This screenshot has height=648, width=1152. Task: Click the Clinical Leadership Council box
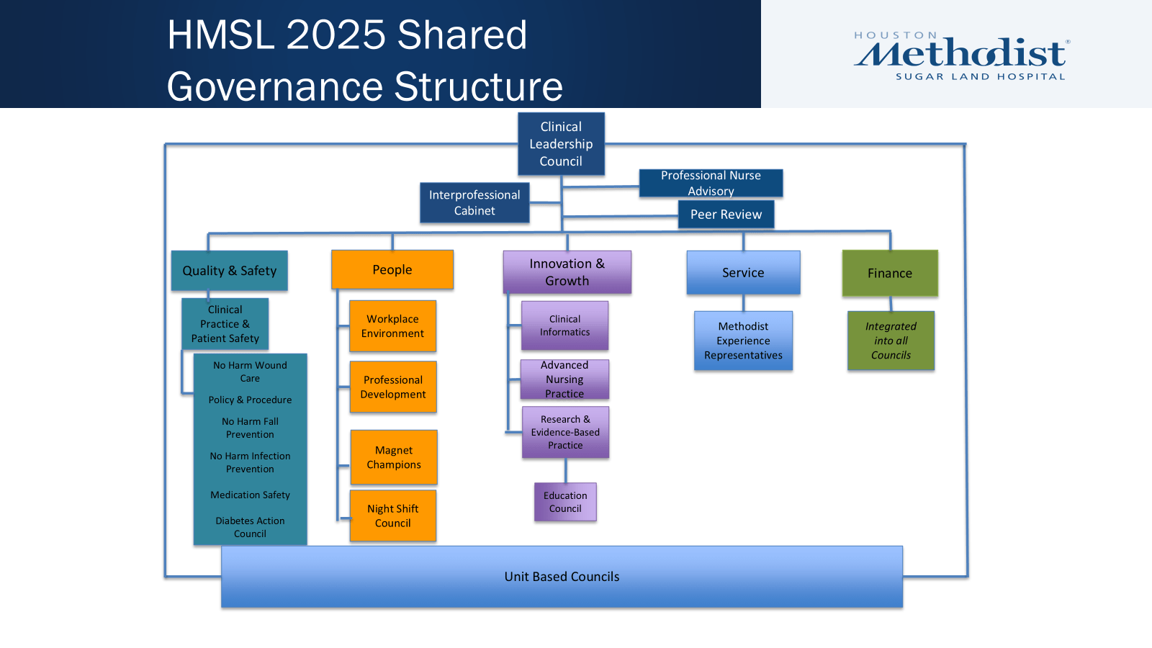point(561,144)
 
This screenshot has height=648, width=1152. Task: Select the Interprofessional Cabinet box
point(474,202)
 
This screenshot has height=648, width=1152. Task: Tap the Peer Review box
point(726,215)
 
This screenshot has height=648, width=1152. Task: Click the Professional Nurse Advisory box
point(711,183)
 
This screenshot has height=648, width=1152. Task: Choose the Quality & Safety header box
point(229,271)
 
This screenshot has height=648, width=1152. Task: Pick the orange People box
point(392,270)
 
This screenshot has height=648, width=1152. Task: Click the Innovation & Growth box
point(567,272)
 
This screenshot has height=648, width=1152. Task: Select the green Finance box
point(890,273)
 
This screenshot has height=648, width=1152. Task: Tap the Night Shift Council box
point(393,516)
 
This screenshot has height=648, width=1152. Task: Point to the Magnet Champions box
point(394,457)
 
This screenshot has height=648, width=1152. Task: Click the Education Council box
point(565,502)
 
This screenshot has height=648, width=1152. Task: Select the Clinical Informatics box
point(564,325)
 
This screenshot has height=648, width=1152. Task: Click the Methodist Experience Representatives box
point(743,341)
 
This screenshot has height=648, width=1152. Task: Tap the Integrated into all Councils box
point(891,341)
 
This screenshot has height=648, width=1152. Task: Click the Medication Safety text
point(250,495)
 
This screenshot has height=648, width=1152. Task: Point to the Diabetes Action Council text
point(250,527)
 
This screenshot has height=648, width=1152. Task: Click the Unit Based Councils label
point(562,577)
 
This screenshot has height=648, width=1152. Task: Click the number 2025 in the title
point(336,35)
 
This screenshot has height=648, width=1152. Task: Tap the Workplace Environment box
point(392,326)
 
